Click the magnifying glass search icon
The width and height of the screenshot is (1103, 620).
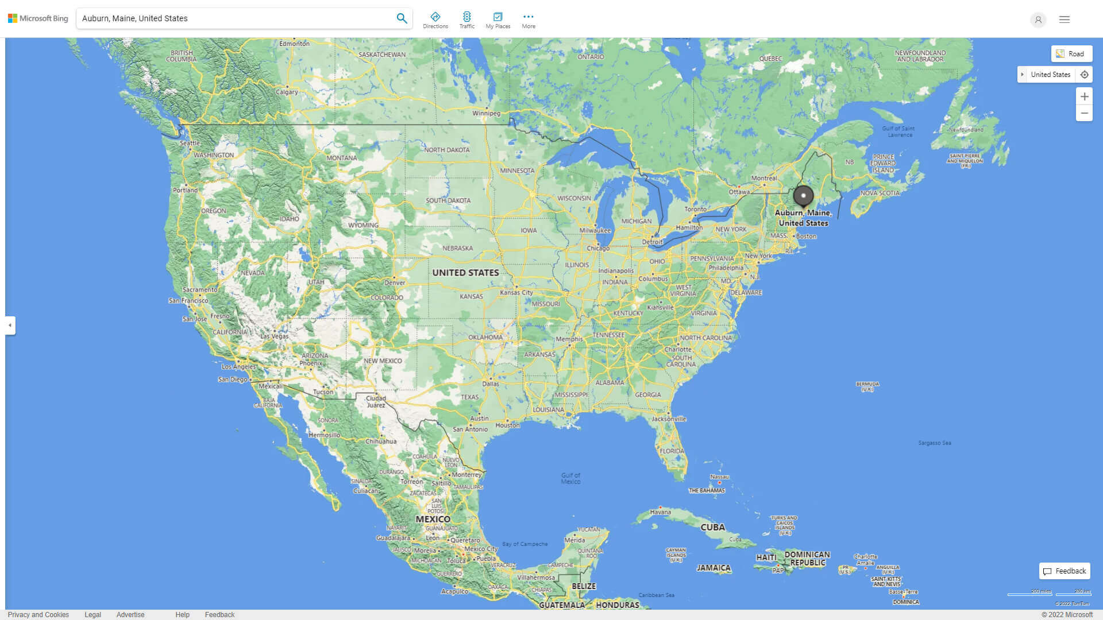pyautogui.click(x=402, y=18)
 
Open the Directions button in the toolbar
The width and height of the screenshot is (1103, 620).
pyautogui.click(x=435, y=20)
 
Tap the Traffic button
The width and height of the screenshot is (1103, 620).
pyautogui.click(x=467, y=20)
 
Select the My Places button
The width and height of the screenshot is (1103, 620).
pyautogui.click(x=497, y=20)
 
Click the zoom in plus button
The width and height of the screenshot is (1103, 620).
pyautogui.click(x=1084, y=96)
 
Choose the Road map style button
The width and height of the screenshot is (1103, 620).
pyautogui.click(x=1071, y=54)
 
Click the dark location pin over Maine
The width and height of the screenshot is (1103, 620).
pyautogui.click(x=803, y=196)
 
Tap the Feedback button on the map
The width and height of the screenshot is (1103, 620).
pyautogui.click(x=1065, y=571)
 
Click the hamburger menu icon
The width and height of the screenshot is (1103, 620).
pyautogui.click(x=1065, y=20)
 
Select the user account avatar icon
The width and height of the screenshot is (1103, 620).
pyautogui.click(x=1038, y=20)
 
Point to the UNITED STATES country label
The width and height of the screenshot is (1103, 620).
pyautogui.click(x=465, y=273)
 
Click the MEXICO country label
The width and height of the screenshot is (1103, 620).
pyautogui.click(x=433, y=519)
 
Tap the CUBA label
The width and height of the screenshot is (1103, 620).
pyautogui.click(x=712, y=527)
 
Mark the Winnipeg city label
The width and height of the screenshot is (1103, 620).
pyautogui.click(x=486, y=114)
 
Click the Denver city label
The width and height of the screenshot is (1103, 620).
pyautogui.click(x=395, y=282)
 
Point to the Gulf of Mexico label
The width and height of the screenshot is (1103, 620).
pyautogui.click(x=570, y=478)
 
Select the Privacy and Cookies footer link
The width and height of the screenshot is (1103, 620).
pyautogui.click(x=38, y=615)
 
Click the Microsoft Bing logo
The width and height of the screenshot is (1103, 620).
pyautogui.click(x=38, y=18)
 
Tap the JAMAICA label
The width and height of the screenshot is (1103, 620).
pyautogui.click(x=714, y=568)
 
